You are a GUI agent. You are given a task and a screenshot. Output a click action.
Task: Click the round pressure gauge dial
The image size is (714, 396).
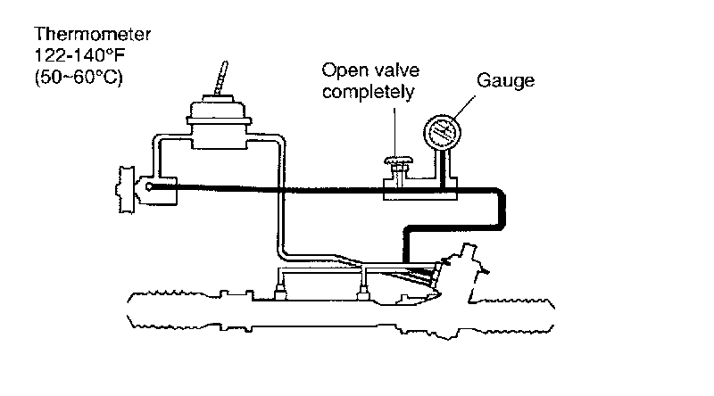[x=441, y=134]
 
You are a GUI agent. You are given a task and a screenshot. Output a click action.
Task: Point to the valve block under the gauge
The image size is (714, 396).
[x=419, y=188]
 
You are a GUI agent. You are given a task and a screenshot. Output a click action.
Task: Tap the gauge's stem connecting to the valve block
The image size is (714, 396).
[x=442, y=164]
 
